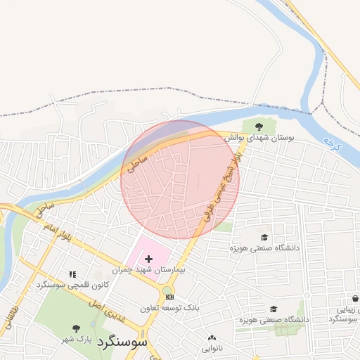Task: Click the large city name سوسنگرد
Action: point(123,342)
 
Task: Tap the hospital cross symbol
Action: point(148,259)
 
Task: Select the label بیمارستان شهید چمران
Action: point(148,271)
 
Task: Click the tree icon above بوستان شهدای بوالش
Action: point(259,127)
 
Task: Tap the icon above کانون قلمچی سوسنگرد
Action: point(72,274)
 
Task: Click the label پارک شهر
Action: point(75,339)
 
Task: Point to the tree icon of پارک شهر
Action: point(76,328)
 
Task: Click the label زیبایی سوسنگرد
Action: point(345,314)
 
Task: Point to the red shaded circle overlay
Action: point(180,180)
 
